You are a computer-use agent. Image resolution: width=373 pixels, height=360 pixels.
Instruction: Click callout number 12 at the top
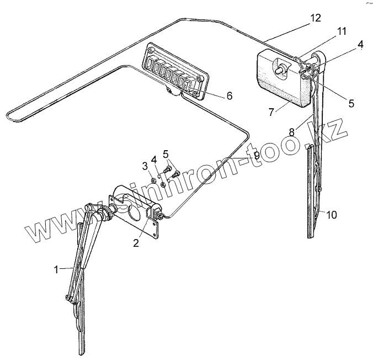[x=315, y=18]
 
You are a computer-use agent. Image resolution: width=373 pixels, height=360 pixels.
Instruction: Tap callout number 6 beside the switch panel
[x=229, y=96]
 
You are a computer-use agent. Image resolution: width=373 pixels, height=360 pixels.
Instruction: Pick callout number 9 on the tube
[x=257, y=156]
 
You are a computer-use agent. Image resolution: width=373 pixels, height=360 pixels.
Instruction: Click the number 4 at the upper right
[x=360, y=45]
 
